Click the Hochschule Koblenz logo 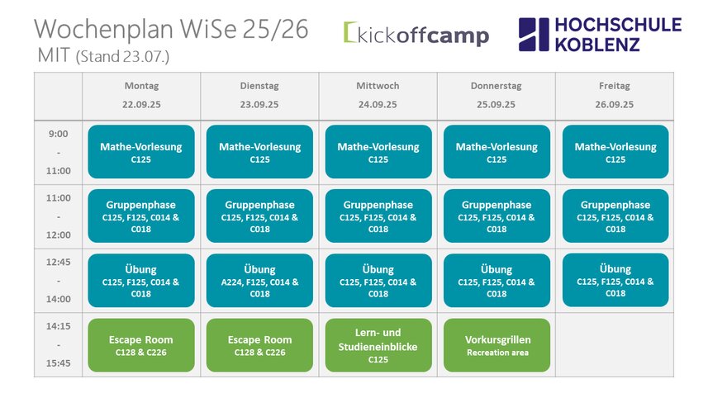click(600, 35)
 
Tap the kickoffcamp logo click(416, 34)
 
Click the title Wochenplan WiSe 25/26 click(171, 30)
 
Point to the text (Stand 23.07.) click(122, 57)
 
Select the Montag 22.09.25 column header click(141, 95)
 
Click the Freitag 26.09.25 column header click(614, 95)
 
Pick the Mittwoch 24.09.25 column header click(378, 95)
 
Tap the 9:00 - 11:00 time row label click(59, 152)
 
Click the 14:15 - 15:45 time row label click(59, 344)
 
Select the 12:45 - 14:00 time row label click(59, 280)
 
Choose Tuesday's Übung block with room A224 click(259, 280)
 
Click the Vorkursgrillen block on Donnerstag click(497, 345)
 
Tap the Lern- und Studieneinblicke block click(378, 345)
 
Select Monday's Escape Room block click(141, 345)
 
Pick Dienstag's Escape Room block click(259, 345)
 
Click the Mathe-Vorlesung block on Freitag click(615, 152)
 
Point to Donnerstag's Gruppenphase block click(497, 216)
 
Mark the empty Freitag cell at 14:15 click(614, 345)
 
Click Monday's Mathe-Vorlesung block click(141, 152)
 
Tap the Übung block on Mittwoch click(378, 280)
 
